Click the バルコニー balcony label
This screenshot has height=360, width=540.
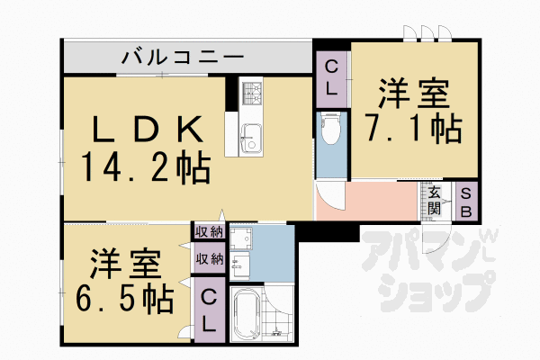(x=183, y=58)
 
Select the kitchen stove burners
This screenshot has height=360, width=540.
(x=250, y=91)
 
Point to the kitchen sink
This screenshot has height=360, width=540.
(x=249, y=138)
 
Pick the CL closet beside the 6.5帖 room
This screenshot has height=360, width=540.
(x=208, y=310)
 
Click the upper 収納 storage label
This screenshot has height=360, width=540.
(x=210, y=233)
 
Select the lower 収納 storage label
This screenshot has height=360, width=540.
(x=210, y=259)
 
